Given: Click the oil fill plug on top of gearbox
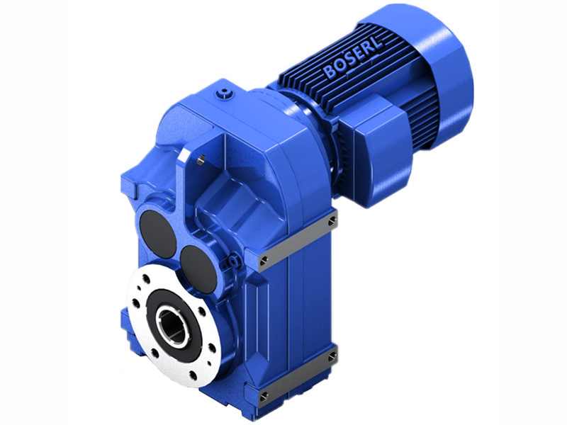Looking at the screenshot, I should pos(225,92).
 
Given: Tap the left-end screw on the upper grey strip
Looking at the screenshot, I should pos(264,261).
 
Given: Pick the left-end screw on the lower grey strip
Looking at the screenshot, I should pos(264,396).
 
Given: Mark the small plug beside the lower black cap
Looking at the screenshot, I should pos(229,263).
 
